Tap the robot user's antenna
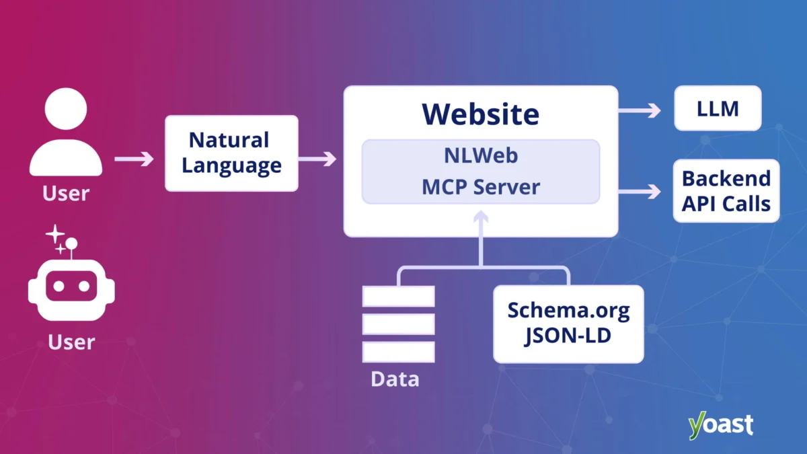(71, 243)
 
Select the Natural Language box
(231, 153)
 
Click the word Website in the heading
(480, 114)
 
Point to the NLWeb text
(480, 155)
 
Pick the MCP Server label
(480, 186)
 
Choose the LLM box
(718, 108)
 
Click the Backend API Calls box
(726, 191)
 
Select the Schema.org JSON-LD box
(568, 324)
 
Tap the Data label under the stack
(395, 379)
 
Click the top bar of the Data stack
(398, 297)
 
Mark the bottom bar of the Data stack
(398, 351)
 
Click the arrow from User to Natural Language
(134, 159)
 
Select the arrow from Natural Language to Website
(317, 159)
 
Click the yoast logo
(720, 425)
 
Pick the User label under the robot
(71, 342)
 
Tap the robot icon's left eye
(59, 286)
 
